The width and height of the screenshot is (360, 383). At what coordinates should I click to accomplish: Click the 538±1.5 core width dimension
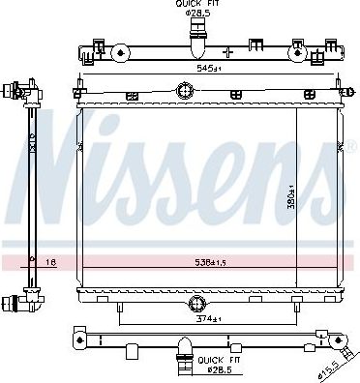(x=209, y=261)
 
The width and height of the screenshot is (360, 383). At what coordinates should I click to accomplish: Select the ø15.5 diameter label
(x=329, y=369)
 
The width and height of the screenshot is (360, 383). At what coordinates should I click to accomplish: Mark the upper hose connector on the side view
(x=13, y=92)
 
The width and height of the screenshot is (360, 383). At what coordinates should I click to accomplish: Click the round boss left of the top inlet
(x=120, y=53)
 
